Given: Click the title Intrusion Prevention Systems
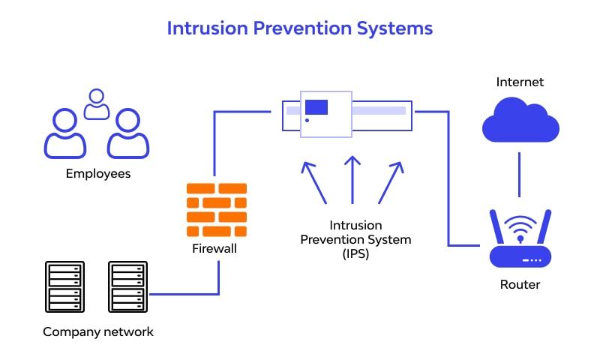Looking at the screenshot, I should coord(299,28).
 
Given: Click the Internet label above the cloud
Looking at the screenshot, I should coord(520,82).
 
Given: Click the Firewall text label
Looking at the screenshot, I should coord(216,248).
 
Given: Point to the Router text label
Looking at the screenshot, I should coord(520,284).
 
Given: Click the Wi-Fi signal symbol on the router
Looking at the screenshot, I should coord(520,226).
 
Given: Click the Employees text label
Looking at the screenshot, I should coord(98,173).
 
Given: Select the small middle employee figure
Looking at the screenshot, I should coord(96,104).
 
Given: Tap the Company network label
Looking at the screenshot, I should coord(98,331).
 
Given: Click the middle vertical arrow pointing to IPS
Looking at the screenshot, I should coord(351,180).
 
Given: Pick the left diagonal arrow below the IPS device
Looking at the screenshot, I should coord(313,181).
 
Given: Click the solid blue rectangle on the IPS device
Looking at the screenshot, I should coord(316,106).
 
